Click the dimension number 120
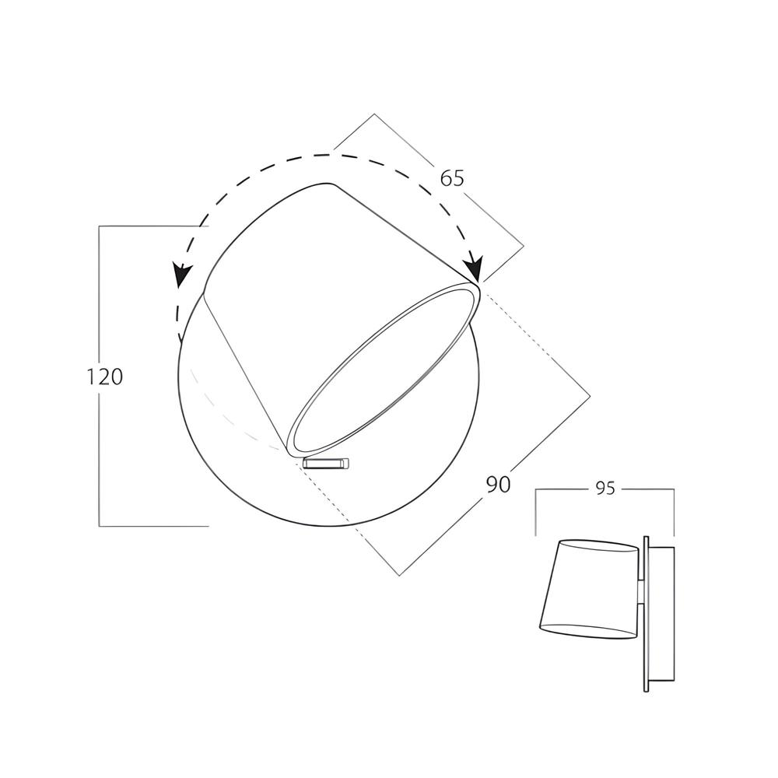coord(105,377)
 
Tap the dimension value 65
coord(452,178)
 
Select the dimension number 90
coord(498,484)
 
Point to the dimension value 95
coord(605,489)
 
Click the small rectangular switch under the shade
coord(327,463)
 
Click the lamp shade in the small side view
coord(588,588)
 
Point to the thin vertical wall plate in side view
coord(646,614)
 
